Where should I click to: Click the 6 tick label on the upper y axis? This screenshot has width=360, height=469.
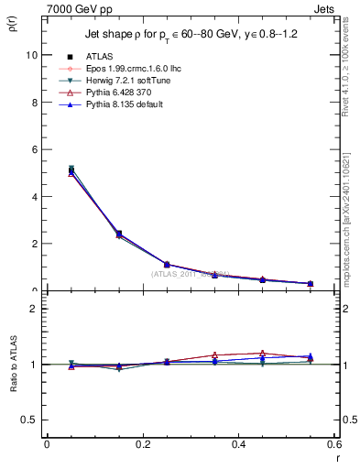point(34,149)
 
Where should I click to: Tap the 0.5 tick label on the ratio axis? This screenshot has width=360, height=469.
point(30,420)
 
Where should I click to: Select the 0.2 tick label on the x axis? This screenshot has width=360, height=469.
point(142,444)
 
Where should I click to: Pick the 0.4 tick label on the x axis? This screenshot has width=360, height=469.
point(238,444)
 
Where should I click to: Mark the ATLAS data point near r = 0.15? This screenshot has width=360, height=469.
point(118,234)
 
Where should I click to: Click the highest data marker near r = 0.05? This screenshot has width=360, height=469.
point(71,169)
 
